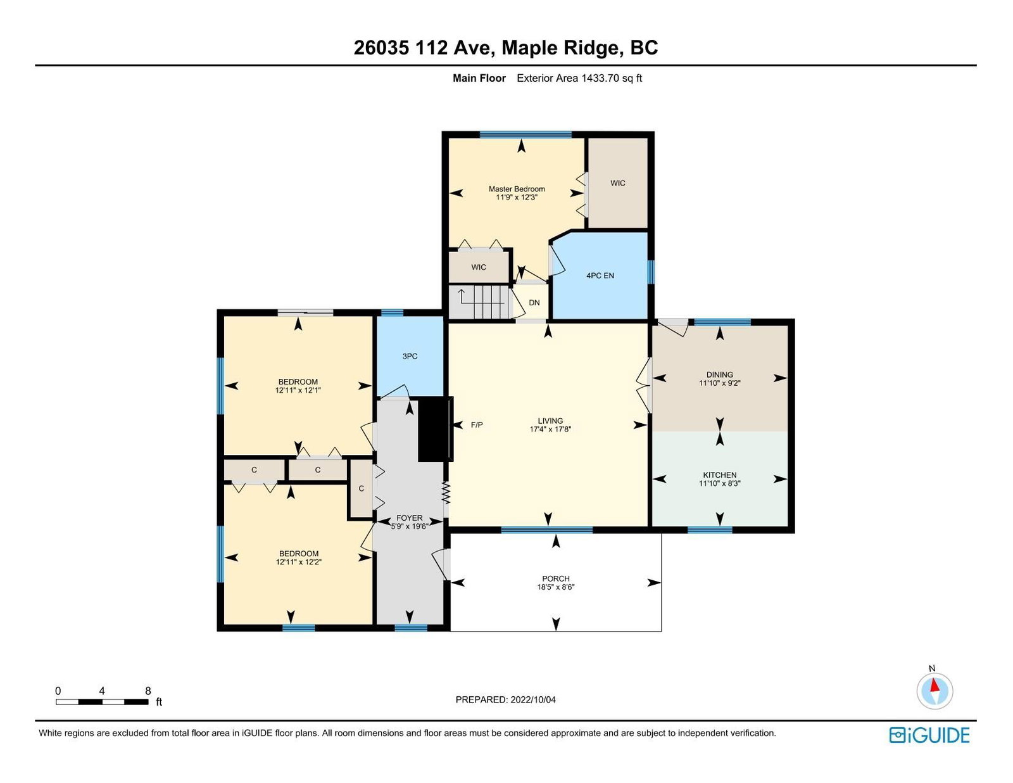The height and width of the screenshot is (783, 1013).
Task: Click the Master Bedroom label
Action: click(517, 193)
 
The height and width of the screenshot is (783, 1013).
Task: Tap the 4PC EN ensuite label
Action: click(600, 276)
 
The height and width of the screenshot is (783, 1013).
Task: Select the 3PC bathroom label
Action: click(410, 356)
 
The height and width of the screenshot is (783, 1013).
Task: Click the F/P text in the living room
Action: click(477, 425)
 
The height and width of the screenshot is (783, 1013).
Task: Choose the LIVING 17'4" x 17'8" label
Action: click(550, 425)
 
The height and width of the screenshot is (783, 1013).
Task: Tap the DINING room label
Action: click(720, 379)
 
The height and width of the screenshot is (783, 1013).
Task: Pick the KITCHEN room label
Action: click(720, 479)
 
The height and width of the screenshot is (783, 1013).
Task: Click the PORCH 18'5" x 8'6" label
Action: click(556, 582)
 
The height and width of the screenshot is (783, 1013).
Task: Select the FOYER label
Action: click(409, 522)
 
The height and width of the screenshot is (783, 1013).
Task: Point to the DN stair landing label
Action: click(534, 303)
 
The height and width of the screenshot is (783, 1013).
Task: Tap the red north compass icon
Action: click(934, 691)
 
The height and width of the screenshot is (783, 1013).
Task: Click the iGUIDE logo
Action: click(929, 735)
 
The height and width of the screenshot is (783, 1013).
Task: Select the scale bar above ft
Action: click(102, 702)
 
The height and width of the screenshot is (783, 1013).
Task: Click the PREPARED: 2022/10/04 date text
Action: click(506, 699)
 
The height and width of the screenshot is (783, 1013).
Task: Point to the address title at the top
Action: click(506, 48)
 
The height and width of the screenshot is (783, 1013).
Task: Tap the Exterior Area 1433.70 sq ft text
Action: click(579, 79)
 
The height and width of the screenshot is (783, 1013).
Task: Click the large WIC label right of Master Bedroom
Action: click(618, 183)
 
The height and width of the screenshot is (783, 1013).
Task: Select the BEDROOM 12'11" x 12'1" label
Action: click(298, 386)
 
